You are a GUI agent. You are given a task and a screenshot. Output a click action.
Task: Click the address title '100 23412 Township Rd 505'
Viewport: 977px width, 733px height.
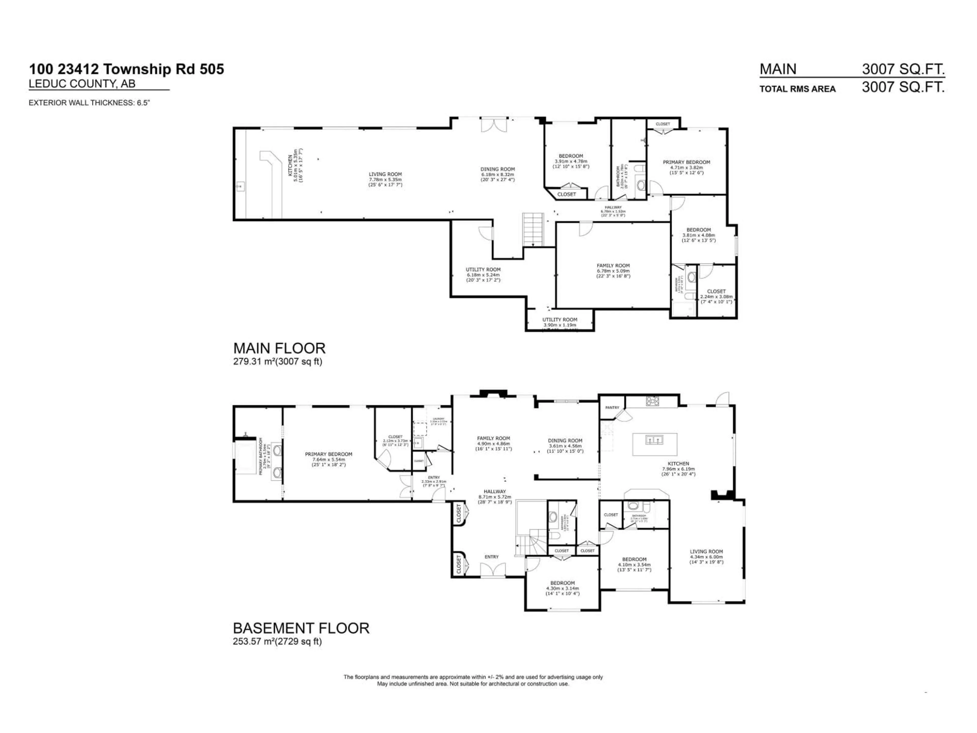pos(126,69)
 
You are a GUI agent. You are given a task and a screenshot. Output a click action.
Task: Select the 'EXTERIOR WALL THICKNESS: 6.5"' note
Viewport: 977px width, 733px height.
pos(89,103)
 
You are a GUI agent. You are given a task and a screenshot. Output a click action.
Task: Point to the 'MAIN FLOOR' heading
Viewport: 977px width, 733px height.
pos(279,348)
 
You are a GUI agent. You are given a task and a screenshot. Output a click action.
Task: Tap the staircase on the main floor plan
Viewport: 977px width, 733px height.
pos(533,229)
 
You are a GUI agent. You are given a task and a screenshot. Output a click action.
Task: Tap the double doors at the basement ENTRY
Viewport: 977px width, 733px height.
pos(491,570)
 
